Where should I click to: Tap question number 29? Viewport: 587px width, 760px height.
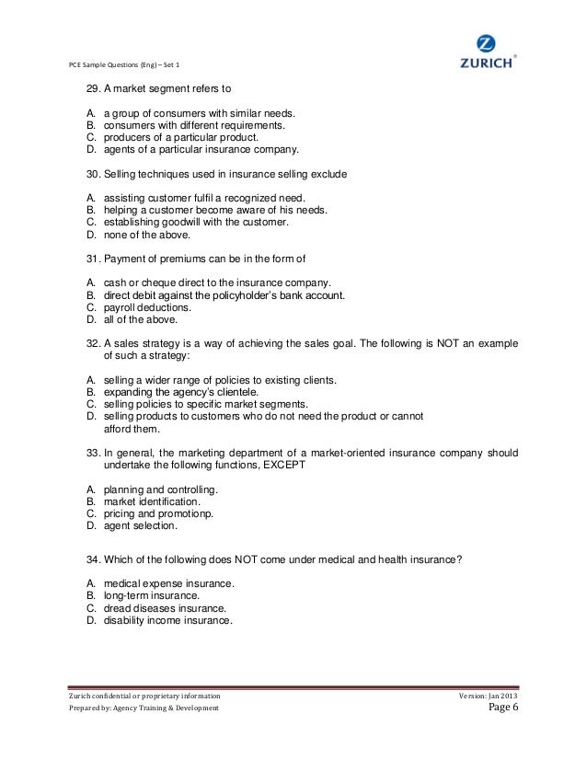(x=93, y=89)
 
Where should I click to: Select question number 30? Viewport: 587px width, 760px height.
(x=93, y=173)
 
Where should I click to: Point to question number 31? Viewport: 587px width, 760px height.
(x=93, y=257)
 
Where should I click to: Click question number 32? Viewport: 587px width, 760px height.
(x=93, y=341)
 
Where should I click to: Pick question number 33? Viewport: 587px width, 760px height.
(x=93, y=453)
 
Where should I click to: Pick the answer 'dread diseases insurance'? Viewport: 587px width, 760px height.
(x=165, y=608)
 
